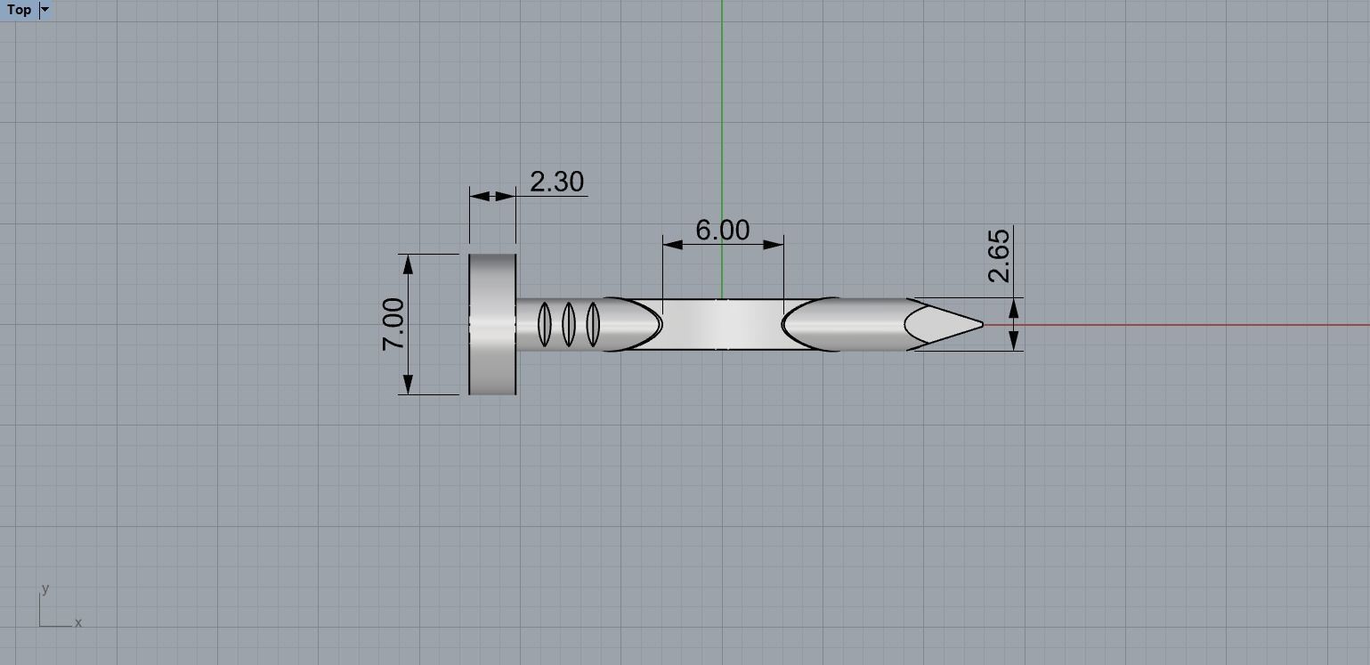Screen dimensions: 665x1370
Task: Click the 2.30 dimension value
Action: point(556,182)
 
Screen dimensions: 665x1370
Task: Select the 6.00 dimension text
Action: point(722,231)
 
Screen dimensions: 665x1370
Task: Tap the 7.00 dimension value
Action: point(393,324)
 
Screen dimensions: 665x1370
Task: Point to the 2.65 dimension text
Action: point(1000,255)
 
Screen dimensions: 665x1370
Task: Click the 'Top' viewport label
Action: point(19,10)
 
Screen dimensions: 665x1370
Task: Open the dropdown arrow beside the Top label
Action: point(45,10)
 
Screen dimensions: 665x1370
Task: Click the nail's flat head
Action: point(492,324)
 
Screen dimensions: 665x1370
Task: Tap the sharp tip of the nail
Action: point(980,325)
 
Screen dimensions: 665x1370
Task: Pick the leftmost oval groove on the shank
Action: point(545,324)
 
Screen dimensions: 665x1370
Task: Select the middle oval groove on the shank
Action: point(569,324)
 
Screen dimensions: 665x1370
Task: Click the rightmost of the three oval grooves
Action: point(593,324)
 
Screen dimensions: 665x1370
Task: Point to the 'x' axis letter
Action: point(78,623)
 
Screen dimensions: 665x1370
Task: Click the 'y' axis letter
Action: point(45,589)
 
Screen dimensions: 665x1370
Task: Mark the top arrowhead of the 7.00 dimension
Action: point(408,263)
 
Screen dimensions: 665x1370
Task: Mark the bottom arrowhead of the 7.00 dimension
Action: point(408,385)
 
